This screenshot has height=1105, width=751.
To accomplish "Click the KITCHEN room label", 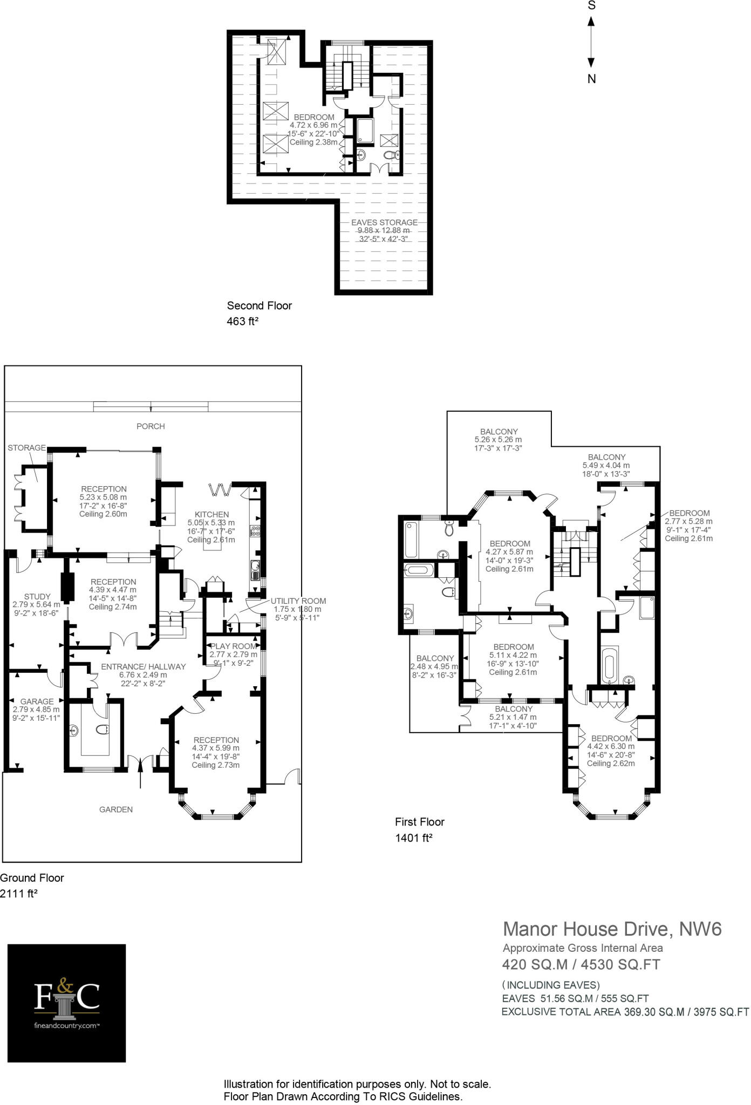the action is pyautogui.click(x=212, y=515).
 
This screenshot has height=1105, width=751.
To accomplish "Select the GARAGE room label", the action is pyautogui.click(x=37, y=701).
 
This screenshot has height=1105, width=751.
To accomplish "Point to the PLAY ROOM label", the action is pyautogui.click(x=233, y=646).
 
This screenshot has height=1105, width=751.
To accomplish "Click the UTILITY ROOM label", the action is pyautogui.click(x=298, y=601).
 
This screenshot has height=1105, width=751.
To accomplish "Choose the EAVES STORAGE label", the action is pyautogui.click(x=384, y=222).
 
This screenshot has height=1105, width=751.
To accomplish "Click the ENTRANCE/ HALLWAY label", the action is pyautogui.click(x=144, y=667).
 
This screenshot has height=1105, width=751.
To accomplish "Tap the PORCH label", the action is pyautogui.click(x=151, y=426).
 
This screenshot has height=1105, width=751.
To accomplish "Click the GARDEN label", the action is pyautogui.click(x=116, y=809).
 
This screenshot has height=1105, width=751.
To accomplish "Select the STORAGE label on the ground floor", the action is pyautogui.click(x=27, y=448).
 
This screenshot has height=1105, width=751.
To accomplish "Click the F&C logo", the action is pyautogui.click(x=67, y=1004).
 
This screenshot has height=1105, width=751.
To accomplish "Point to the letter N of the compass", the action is pyautogui.click(x=591, y=79).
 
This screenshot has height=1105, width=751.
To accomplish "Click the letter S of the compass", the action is pyautogui.click(x=591, y=5).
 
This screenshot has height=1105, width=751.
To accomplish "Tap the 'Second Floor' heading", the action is pyautogui.click(x=260, y=305).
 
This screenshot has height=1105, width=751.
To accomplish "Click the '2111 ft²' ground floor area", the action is pyautogui.click(x=19, y=893).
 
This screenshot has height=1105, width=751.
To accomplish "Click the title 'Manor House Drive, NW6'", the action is pyautogui.click(x=612, y=929).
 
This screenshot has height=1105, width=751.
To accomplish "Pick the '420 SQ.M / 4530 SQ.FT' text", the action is pyautogui.click(x=581, y=964).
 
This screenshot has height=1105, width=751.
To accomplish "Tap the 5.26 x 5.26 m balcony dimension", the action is pyautogui.click(x=499, y=440).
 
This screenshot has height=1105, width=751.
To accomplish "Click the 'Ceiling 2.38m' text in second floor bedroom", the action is pyautogui.click(x=313, y=142).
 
